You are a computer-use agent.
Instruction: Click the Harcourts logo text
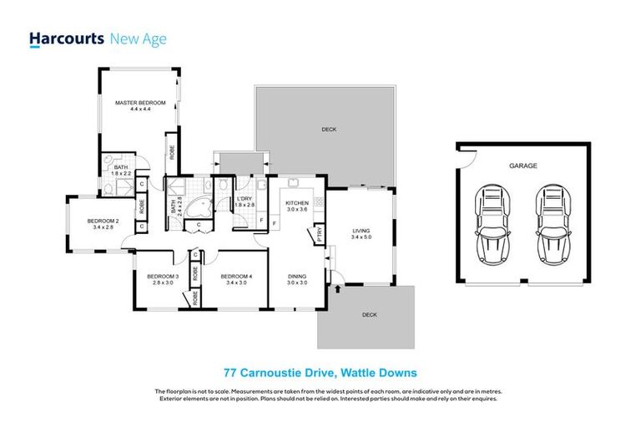(x=67, y=38)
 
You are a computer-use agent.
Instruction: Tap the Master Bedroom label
(x=140, y=103)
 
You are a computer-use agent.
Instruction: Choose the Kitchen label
(x=298, y=203)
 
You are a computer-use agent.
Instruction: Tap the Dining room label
(x=298, y=277)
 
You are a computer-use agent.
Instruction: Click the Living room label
(x=361, y=231)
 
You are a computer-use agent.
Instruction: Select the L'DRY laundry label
(x=243, y=198)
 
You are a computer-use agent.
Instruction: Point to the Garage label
(x=523, y=166)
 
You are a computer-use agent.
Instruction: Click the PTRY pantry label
(x=320, y=237)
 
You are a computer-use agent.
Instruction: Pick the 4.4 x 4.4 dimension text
(x=140, y=110)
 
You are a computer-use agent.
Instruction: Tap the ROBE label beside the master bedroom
(x=172, y=153)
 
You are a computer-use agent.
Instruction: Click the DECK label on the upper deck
(x=329, y=130)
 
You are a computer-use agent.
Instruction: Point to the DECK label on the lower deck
(x=370, y=314)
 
